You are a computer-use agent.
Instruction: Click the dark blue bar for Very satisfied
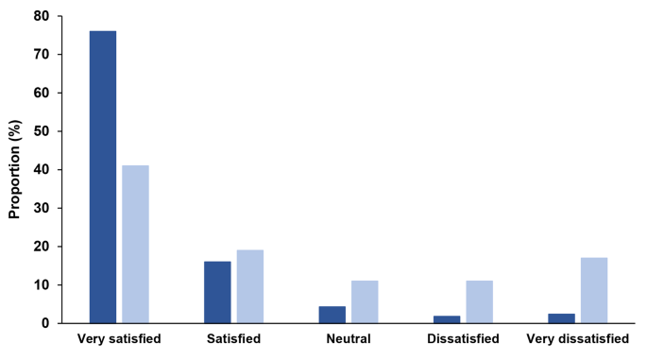pos(103,177)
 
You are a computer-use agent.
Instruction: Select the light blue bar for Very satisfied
pos(136,244)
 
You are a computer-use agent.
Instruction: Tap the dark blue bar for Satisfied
pos(217,292)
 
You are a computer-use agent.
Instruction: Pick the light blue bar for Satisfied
pos(250,286)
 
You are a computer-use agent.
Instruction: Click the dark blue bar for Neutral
pos(332,315)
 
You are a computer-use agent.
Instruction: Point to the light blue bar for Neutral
pos(365,301)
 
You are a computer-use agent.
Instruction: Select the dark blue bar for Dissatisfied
pos(447,319)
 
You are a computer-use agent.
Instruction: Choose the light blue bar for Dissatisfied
pos(479,301)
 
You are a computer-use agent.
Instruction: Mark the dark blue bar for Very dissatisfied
pos(561,318)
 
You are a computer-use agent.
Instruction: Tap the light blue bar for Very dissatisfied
pos(594,290)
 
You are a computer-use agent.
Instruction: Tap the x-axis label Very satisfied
pos(119,338)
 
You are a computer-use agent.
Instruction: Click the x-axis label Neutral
pos(349,338)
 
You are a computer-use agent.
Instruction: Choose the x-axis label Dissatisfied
pos(463,338)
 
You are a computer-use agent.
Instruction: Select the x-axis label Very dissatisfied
pos(577,338)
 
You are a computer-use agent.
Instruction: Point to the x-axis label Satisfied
pos(233,338)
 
